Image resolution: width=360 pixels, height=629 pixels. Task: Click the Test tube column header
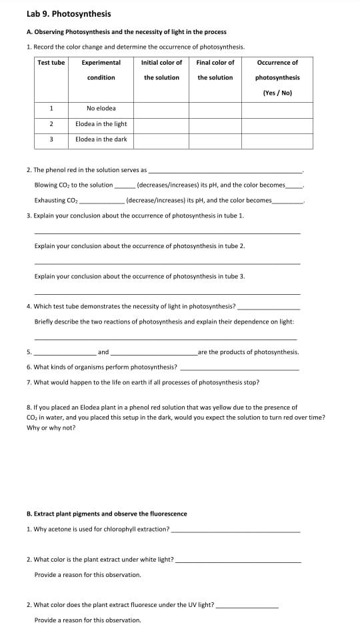(x=51, y=63)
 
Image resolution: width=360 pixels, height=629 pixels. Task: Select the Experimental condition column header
(x=101, y=70)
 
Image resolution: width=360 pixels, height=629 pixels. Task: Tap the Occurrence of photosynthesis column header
(x=277, y=77)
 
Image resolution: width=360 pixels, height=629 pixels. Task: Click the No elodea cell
(x=101, y=108)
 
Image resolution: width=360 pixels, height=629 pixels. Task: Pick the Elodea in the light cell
(x=101, y=124)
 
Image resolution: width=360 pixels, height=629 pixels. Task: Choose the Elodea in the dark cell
(x=101, y=139)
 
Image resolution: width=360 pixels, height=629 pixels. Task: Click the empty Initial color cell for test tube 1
(x=161, y=108)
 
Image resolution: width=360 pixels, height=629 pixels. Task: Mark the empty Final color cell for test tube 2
(x=215, y=124)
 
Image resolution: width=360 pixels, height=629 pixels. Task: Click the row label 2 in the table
(x=51, y=124)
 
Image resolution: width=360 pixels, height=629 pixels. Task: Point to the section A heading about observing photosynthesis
(x=126, y=32)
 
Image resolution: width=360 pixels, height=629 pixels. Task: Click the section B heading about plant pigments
(x=107, y=514)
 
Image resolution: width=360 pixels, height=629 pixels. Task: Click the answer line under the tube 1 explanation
(x=167, y=233)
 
